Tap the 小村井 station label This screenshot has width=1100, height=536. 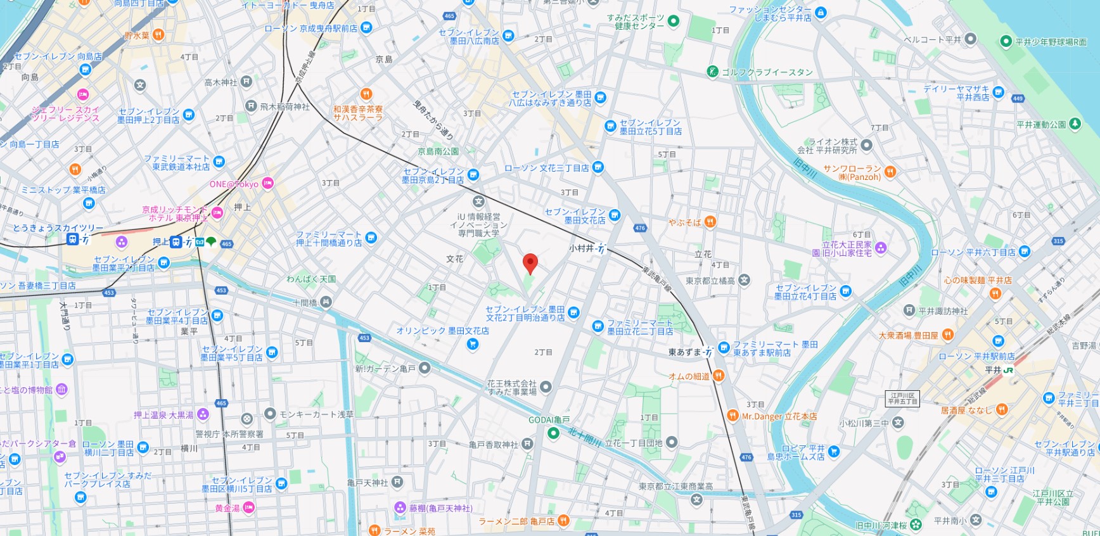(581, 249)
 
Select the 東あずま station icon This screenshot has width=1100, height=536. (708, 352)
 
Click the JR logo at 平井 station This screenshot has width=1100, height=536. (1009, 370)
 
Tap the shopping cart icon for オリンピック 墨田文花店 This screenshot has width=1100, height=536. (472, 344)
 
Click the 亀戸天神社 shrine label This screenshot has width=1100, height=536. (368, 483)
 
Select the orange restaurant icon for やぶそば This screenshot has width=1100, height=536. (710, 222)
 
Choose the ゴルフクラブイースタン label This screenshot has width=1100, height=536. (767, 72)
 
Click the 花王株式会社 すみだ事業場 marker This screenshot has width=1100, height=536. (546, 387)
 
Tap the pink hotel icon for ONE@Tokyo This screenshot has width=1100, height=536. (267, 184)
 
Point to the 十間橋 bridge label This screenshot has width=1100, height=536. (305, 303)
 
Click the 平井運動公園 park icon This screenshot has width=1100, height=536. (1075, 124)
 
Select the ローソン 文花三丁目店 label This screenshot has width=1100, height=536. (547, 168)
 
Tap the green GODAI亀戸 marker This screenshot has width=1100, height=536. (553, 433)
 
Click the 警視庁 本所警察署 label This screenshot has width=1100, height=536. (229, 434)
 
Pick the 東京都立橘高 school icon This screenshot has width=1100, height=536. (745, 280)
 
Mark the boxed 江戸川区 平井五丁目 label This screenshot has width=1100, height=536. (902, 399)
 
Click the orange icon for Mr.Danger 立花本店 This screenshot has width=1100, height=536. (732, 416)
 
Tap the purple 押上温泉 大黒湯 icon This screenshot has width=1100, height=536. (203, 415)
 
